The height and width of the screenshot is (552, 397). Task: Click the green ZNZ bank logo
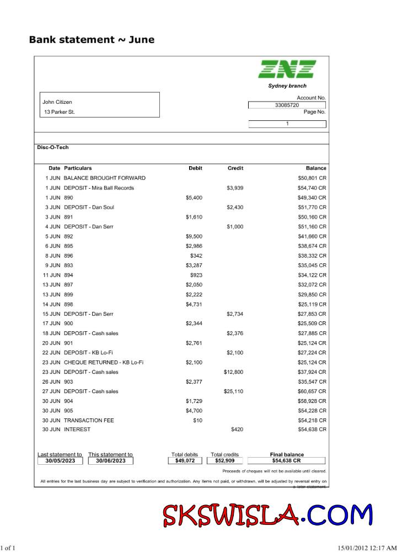[287, 69]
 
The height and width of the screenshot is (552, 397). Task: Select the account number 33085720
[287, 105]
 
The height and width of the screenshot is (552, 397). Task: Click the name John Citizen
[57, 102]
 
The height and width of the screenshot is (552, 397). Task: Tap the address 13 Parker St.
[60, 112]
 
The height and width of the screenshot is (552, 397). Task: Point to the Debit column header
[195, 168]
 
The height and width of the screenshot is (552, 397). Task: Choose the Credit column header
[235, 168]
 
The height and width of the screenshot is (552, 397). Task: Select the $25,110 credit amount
[233, 391]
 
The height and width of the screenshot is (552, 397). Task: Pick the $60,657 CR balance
[312, 391]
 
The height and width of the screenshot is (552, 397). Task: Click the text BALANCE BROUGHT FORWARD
[105, 178]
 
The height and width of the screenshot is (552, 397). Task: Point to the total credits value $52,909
[224, 460]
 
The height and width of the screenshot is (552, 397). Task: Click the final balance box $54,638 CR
[287, 460]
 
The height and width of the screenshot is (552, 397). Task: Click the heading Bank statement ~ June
[92, 40]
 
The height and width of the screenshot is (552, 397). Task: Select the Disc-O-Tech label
[53, 147]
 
